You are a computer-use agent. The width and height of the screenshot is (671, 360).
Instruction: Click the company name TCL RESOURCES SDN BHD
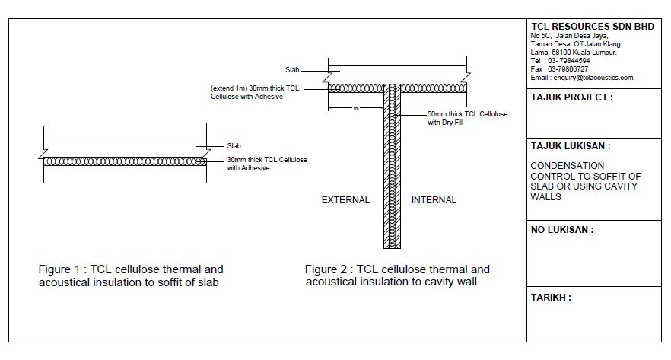tap(592, 26)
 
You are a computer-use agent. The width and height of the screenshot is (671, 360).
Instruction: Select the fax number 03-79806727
tap(567, 68)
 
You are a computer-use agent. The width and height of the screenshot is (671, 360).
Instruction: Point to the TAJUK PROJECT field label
tap(571, 97)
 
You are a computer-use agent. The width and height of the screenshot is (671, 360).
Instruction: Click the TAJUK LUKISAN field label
tap(570, 146)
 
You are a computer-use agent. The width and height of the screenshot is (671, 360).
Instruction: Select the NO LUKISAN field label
tap(561, 230)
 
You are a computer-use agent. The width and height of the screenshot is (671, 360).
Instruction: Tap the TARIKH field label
tap(550, 298)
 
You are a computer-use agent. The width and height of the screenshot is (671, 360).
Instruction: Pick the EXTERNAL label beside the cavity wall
tap(345, 200)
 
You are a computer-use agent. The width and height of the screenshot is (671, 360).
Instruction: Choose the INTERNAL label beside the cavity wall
tap(434, 200)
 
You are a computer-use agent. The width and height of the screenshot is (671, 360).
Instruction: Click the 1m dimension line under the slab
tap(356, 107)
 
